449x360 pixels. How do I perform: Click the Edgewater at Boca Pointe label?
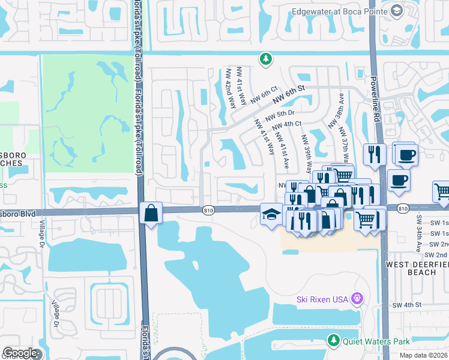340,11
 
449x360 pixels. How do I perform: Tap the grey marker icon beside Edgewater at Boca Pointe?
396,11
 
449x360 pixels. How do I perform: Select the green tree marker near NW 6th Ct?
265,59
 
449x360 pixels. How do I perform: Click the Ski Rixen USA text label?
322,299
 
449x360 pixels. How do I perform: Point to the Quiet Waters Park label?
376,341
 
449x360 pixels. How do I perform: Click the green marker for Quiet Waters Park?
334,341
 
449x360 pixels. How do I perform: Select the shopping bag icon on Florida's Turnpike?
150,213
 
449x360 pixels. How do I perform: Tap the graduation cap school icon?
271,214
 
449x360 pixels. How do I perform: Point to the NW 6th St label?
288,94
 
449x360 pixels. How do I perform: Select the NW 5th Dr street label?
280,114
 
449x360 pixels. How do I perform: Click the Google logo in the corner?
20,353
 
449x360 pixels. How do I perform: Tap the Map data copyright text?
423,355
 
